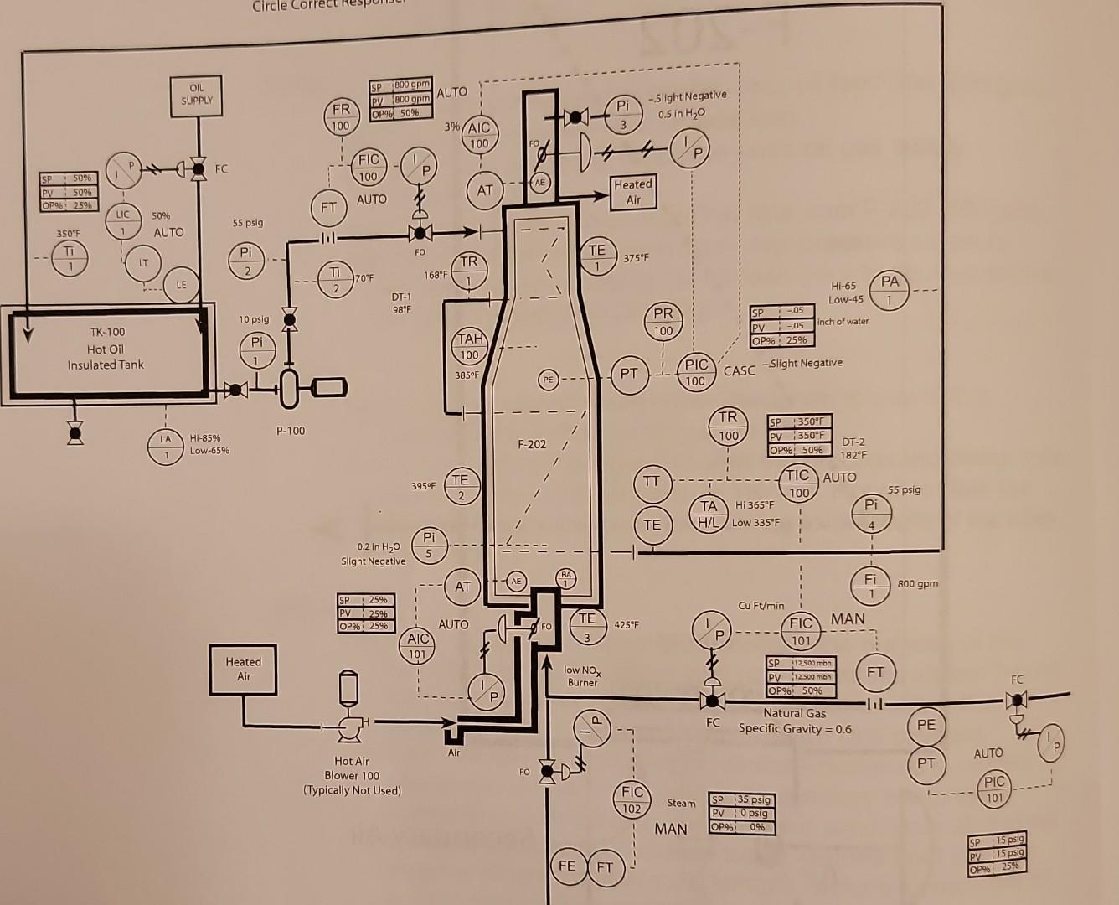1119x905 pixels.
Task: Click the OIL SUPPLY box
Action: coord(197,95)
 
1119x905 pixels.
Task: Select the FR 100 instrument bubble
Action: coord(341,117)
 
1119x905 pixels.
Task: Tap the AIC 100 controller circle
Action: coord(478,135)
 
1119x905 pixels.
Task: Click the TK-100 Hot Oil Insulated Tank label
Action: coord(106,348)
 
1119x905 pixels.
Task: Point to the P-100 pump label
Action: coord(290,431)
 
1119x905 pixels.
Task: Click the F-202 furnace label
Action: coord(531,443)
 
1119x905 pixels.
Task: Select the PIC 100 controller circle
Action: coord(696,372)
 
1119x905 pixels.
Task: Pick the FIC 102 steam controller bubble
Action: coord(632,799)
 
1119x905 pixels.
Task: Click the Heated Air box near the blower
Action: coord(243,668)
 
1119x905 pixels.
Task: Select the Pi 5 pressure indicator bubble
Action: coord(429,545)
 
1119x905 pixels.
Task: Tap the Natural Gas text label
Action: coord(794,713)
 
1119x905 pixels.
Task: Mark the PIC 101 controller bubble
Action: coord(993,789)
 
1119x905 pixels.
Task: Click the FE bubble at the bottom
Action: coord(567,866)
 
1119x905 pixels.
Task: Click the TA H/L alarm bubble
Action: coord(709,513)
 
